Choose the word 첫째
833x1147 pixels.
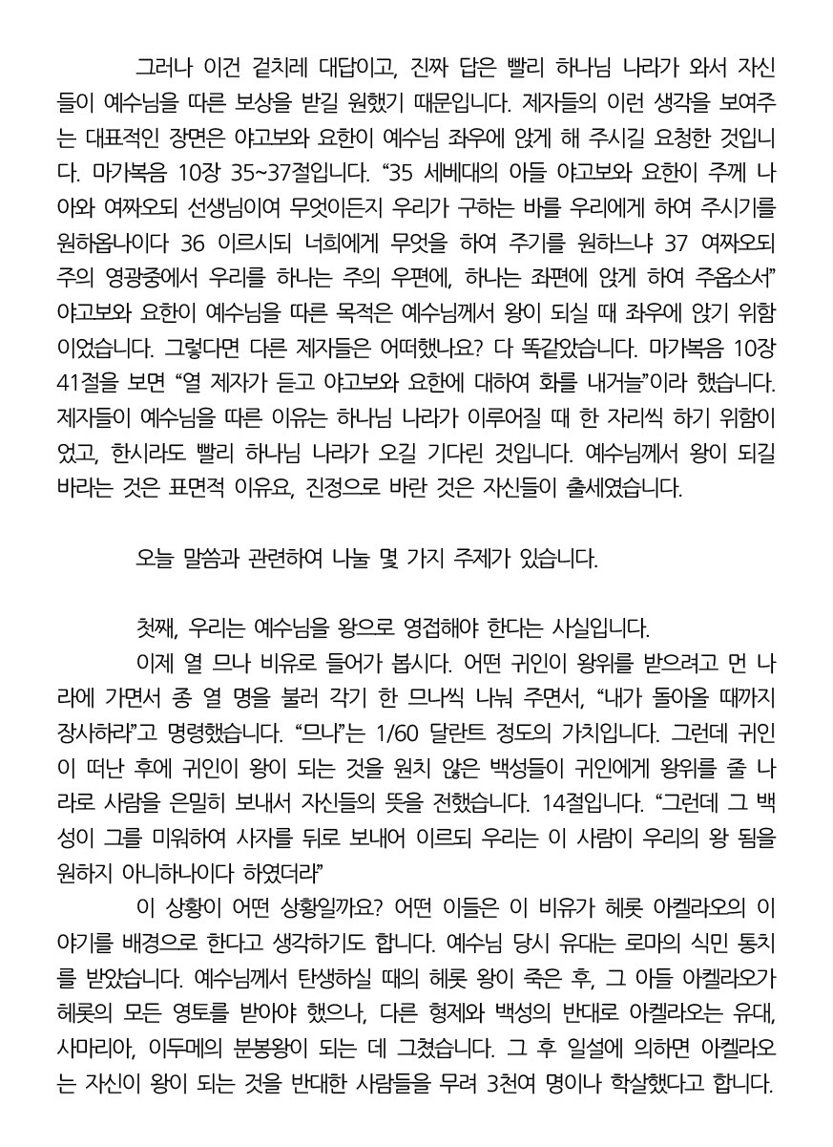[x=156, y=628]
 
